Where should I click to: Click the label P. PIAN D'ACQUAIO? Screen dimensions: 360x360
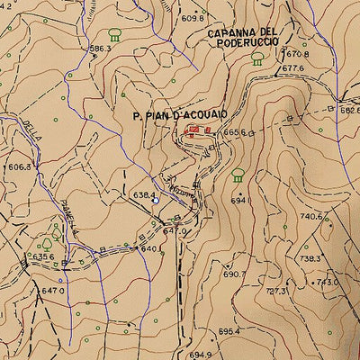[180, 116]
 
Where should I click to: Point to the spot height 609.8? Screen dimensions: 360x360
[193, 17]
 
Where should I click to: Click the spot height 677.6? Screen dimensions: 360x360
[292, 68]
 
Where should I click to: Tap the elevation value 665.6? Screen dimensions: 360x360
[233, 132]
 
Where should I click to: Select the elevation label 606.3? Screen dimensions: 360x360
[20, 166]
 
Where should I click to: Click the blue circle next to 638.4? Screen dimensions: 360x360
[155, 202]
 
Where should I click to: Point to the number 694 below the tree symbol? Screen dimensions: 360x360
[238, 201]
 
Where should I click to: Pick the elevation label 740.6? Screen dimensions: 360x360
[310, 217]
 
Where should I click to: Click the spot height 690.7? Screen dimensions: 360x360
[233, 274]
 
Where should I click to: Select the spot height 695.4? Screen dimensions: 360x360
[229, 330]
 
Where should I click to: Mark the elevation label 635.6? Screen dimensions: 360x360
[42, 256]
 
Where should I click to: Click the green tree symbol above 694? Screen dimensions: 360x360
[238, 175]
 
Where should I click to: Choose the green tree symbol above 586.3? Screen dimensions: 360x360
[114, 35]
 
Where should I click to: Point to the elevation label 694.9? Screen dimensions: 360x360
[199, 355]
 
